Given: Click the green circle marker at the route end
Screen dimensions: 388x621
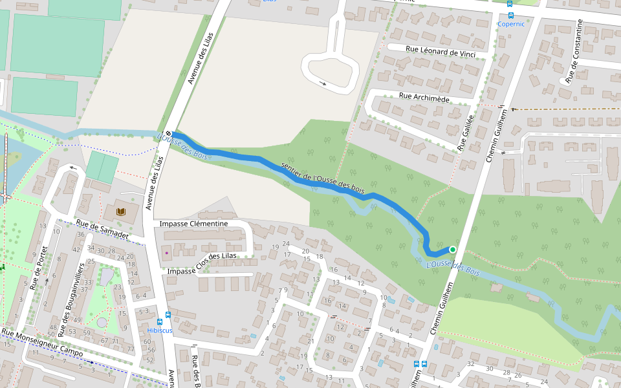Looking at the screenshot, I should coord(453,250).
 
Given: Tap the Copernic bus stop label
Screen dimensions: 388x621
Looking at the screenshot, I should coord(510,24).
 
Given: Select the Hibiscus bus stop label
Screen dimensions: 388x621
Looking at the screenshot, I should coord(160,330).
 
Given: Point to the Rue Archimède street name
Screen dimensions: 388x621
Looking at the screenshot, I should coord(424,98).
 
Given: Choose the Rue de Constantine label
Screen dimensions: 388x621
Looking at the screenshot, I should coord(574,52).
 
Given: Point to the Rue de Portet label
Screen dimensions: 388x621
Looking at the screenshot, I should coord(40,268).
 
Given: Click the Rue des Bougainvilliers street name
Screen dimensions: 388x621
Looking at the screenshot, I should coord(72,299).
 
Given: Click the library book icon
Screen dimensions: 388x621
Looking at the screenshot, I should coord(120,211).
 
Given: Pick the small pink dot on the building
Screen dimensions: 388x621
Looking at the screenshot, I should coord(166,252).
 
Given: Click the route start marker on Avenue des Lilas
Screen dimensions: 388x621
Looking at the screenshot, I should coord(168,134).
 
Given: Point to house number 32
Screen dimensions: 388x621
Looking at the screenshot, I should coord(471,364).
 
